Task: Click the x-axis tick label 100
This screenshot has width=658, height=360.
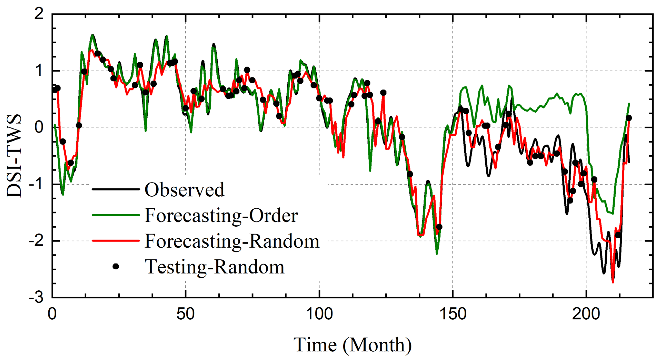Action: tap(319, 314)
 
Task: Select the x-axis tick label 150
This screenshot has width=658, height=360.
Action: tap(453, 314)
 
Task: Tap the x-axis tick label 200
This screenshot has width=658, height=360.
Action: tap(586, 314)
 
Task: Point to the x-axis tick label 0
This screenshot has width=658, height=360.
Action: tap(52, 314)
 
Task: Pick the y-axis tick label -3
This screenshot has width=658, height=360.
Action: tap(36, 297)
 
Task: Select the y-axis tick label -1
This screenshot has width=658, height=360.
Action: tap(36, 184)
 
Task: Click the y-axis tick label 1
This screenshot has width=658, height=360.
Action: tap(39, 71)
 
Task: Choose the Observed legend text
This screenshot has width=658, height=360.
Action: tap(185, 190)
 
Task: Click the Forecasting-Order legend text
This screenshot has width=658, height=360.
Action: tap(221, 215)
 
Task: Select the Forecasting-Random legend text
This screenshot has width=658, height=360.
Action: tap(232, 241)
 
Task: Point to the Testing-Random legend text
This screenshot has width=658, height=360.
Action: tap(215, 267)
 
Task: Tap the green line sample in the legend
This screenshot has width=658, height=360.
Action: tap(116, 215)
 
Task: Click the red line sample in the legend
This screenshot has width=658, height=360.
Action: tap(116, 241)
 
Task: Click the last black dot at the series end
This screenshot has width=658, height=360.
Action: tap(629, 118)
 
